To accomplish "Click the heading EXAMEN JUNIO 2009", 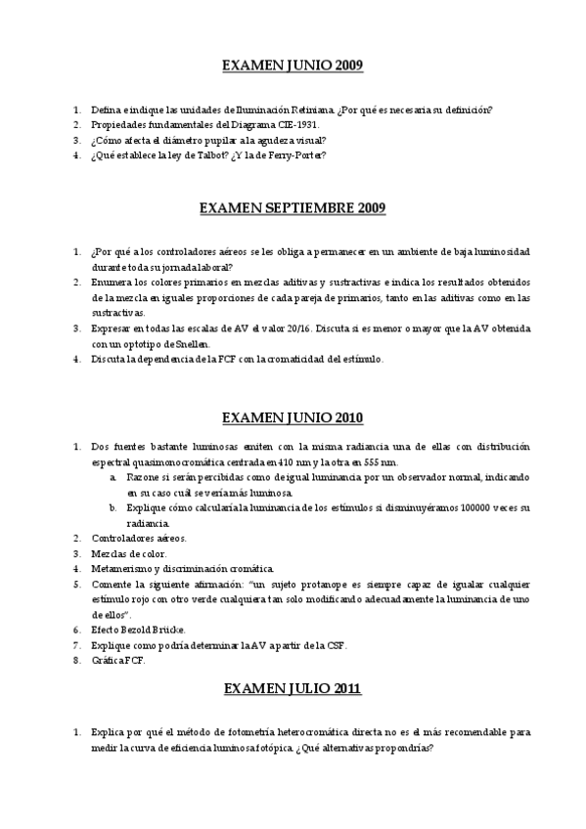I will tap(293, 66).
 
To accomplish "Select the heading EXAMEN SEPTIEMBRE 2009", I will tap(293, 207).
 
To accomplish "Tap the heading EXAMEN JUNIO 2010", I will tap(293, 417).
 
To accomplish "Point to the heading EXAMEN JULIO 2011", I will tap(293, 688).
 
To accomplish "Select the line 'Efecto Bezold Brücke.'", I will tap(138, 630).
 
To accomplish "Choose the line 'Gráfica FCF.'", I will tap(117, 660).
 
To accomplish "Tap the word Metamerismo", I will tap(122, 568).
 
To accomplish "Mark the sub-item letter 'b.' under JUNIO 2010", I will tap(113, 507).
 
